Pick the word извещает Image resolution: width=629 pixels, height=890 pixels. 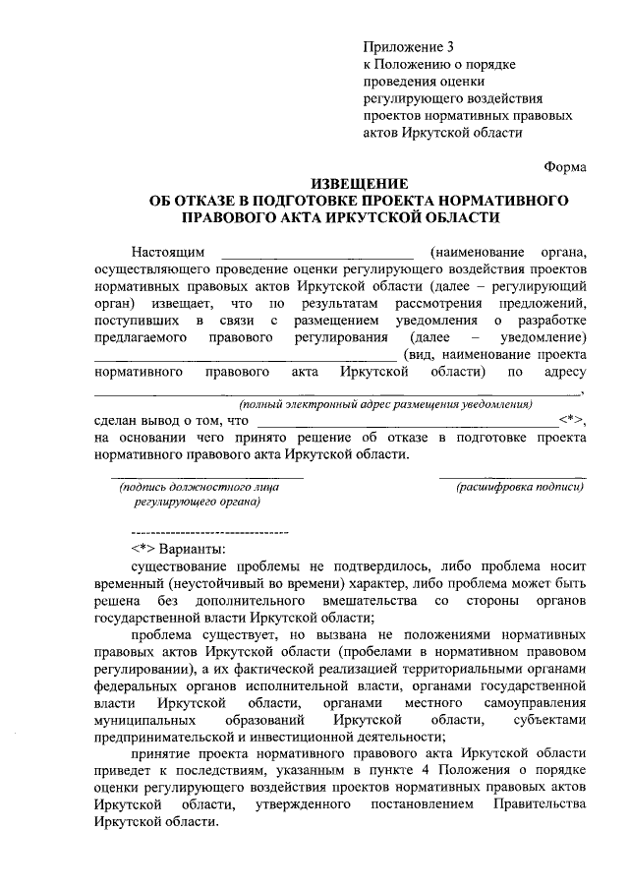point(187,303)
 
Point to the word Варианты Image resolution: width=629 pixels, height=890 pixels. point(194,547)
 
